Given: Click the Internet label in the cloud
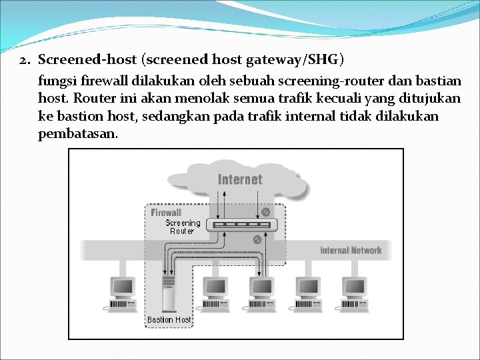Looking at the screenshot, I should point(240,179).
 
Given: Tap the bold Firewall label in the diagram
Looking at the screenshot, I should point(166,213).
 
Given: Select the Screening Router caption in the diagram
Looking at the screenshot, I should point(182,227).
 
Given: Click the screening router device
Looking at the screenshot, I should point(241,225).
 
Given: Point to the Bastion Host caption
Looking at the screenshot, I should point(169,320).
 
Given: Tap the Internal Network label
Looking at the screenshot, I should point(351,251).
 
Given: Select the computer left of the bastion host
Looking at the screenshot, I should point(121,293).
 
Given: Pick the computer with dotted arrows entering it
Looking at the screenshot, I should point(260,293).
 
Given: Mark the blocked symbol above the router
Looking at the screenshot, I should point(265,212).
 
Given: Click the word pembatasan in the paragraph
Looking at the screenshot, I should point(77,133).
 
